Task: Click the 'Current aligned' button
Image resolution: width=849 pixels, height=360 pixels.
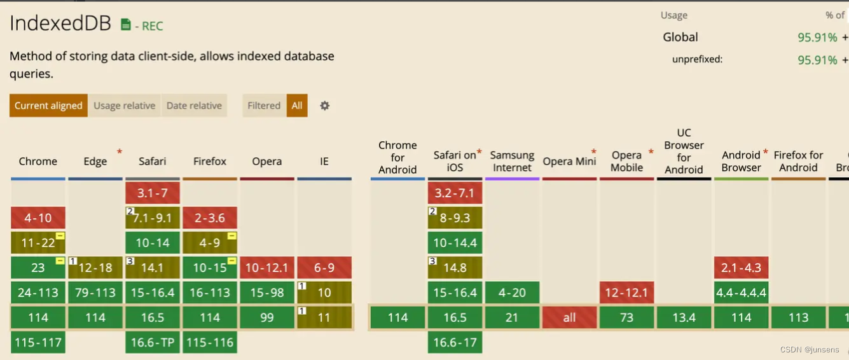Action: point(48,106)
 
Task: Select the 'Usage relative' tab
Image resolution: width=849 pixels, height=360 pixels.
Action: point(124,106)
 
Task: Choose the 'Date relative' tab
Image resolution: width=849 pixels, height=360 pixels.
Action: point(194,106)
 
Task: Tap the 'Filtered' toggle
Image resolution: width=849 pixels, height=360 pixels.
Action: point(264,106)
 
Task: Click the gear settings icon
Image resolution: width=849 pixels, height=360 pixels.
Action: point(324,106)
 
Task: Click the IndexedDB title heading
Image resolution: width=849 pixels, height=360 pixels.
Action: point(60,24)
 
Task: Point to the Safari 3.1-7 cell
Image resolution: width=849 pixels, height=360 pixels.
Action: point(153,193)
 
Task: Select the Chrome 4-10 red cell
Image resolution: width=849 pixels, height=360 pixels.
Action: point(38,218)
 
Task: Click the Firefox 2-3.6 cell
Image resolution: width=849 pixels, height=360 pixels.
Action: point(210,218)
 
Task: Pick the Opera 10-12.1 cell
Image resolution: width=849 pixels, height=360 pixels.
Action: point(267,268)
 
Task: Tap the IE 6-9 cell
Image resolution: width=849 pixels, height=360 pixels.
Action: point(324,268)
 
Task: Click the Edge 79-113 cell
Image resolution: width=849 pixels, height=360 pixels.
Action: point(95,293)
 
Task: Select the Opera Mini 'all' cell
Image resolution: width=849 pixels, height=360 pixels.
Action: point(569,317)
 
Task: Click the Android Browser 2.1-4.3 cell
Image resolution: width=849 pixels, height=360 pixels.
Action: point(741,268)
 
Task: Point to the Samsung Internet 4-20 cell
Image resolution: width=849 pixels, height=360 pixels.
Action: point(512,293)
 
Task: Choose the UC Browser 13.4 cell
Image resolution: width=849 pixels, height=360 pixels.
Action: point(684,317)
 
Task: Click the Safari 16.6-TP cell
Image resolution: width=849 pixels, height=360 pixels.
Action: point(153,342)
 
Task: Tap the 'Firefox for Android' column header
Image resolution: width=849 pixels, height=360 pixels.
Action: point(798,161)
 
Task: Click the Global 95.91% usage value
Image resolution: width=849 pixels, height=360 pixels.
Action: point(817,38)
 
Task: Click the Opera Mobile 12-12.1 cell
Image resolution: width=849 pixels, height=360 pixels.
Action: point(626,293)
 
